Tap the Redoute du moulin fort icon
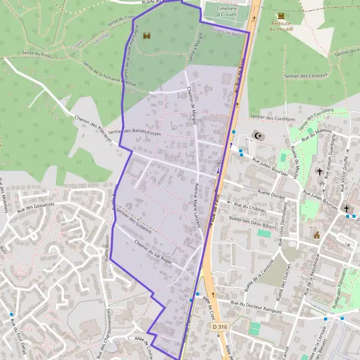point(281,16)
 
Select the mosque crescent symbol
point(259,136)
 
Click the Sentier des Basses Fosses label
point(136,131)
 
